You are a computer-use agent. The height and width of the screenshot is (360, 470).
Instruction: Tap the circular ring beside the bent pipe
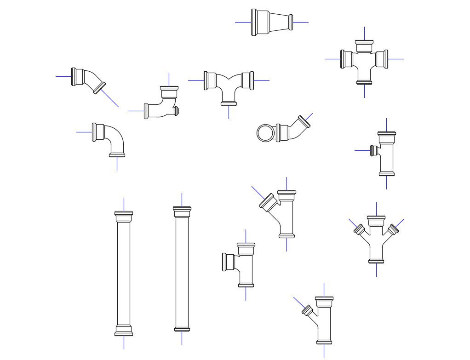click(265, 133)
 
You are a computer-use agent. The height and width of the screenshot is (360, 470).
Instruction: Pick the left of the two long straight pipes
click(123, 274)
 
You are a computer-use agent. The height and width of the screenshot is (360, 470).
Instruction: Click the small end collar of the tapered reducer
click(291, 22)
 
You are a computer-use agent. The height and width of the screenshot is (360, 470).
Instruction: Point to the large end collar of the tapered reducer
click(254, 22)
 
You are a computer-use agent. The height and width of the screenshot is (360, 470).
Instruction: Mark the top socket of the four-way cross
click(364, 43)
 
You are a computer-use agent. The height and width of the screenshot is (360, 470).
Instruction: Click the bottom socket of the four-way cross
click(364, 82)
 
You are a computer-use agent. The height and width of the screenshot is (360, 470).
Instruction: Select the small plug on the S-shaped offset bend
click(176, 111)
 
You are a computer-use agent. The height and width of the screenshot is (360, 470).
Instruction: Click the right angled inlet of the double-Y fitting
click(393, 229)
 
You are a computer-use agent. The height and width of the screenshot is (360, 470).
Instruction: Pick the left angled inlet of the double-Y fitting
click(359, 229)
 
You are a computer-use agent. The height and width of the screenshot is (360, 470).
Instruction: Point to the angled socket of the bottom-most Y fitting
click(307, 310)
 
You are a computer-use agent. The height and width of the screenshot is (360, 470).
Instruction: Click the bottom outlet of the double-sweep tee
click(229, 103)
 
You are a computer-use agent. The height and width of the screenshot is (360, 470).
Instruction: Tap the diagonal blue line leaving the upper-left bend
click(109, 98)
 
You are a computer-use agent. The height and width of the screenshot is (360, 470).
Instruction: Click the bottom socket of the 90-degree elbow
click(117, 155)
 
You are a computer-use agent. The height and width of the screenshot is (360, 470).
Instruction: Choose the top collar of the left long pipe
click(123, 214)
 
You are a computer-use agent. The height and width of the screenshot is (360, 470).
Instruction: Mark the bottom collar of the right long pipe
click(182, 329)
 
